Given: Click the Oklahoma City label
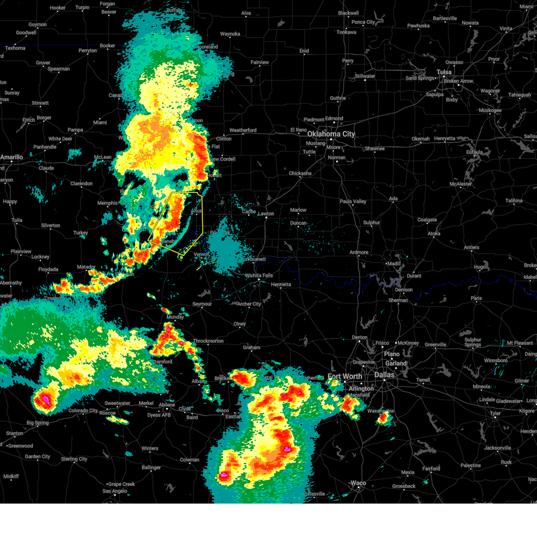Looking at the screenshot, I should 331,134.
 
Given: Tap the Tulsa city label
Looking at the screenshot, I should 444,72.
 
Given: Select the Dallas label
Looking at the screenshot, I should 384,375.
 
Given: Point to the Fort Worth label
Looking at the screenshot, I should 345,376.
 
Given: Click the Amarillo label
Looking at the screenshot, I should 12,157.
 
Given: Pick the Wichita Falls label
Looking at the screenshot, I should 259,276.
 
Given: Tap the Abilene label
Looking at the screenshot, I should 167,405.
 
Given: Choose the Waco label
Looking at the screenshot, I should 358,483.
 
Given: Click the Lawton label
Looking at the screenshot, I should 266,213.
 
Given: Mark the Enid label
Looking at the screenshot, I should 304,51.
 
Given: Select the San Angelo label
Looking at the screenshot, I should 115,491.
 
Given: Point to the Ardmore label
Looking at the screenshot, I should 359,252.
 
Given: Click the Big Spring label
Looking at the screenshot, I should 38,423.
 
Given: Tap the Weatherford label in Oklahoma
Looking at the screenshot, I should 243,130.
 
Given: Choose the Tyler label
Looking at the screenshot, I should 495,413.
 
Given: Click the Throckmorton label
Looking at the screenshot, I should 208,341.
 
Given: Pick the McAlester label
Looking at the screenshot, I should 461,184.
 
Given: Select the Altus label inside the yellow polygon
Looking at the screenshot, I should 196,211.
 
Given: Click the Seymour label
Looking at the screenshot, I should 202,304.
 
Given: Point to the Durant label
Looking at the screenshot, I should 414,276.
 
